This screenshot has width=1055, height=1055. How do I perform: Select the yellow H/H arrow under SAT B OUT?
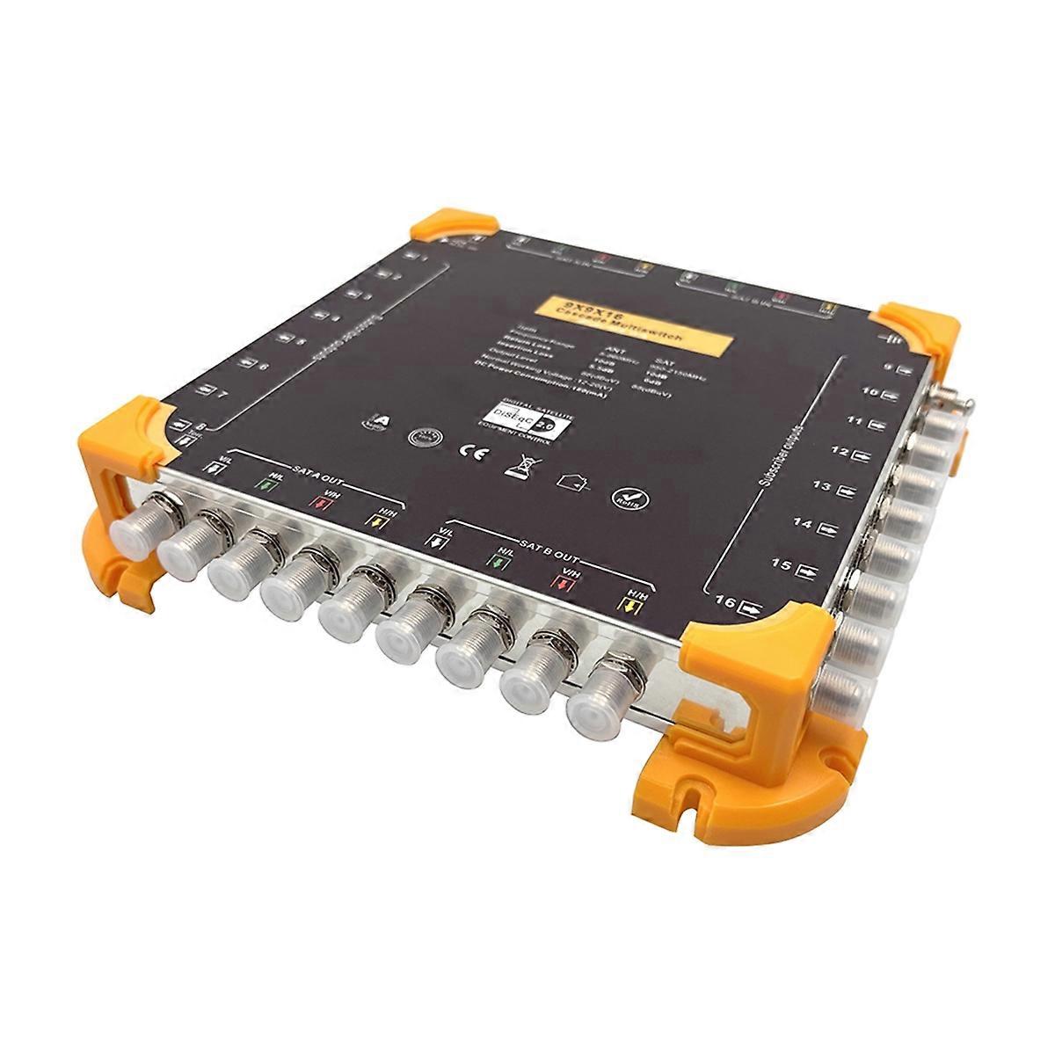pos(629,605)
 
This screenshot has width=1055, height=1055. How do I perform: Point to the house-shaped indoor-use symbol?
pos(570,481)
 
